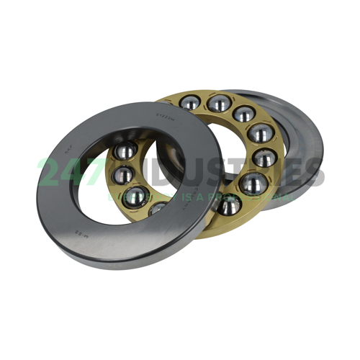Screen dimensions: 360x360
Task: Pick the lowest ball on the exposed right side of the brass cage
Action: point(229,206)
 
